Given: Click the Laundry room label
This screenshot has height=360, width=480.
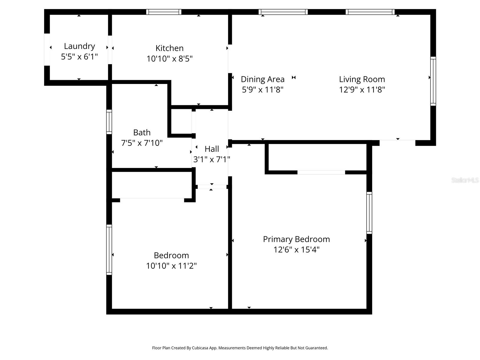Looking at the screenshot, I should coord(79,46).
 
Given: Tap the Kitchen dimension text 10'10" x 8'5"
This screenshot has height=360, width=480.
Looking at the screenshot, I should coord(169,58).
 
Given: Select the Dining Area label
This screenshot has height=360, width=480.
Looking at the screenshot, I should coord(262,79).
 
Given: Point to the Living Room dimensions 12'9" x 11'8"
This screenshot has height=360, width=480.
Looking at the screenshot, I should coord(362,90).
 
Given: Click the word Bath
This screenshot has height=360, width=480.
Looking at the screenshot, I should coord(142,132).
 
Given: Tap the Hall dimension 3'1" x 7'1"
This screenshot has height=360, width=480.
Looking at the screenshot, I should coord(211,159).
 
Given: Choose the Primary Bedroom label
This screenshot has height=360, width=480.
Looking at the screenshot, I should coord(296,239).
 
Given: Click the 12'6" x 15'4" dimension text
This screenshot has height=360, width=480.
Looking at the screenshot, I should coord(296,250).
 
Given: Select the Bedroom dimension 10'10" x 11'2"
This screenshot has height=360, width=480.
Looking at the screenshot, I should coord(171,266).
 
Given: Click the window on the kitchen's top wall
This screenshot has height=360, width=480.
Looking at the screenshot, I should coord(164,12).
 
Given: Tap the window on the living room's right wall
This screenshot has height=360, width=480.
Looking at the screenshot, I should coord(433,81).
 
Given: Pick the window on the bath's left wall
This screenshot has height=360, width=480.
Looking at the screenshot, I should coord(109,122).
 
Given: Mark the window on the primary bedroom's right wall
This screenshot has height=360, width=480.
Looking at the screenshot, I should coord(369,213).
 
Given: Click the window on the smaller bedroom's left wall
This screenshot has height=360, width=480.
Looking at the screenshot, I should coord(109,250).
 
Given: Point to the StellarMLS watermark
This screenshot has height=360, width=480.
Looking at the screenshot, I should coord(465,180).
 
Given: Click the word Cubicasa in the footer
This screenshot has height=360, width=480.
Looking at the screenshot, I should coord(201,348).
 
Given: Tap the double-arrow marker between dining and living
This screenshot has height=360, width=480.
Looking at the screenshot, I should coord(294,77).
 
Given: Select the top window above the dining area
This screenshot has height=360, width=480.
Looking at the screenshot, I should coord(283,12).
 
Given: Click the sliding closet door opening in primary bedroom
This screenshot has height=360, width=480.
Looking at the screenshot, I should coord(321,172).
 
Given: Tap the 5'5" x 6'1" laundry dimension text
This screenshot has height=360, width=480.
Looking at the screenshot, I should coord(79,57).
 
